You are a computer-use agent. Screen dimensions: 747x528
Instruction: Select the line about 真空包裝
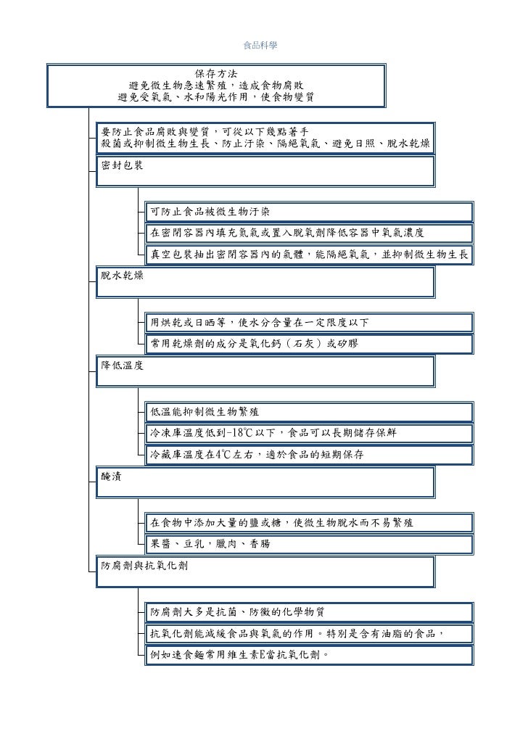309,255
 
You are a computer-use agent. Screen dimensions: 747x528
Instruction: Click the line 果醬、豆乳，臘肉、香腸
210,543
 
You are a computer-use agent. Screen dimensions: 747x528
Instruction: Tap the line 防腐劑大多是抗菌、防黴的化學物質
242,611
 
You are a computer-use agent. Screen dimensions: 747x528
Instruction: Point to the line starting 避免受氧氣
215,97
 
